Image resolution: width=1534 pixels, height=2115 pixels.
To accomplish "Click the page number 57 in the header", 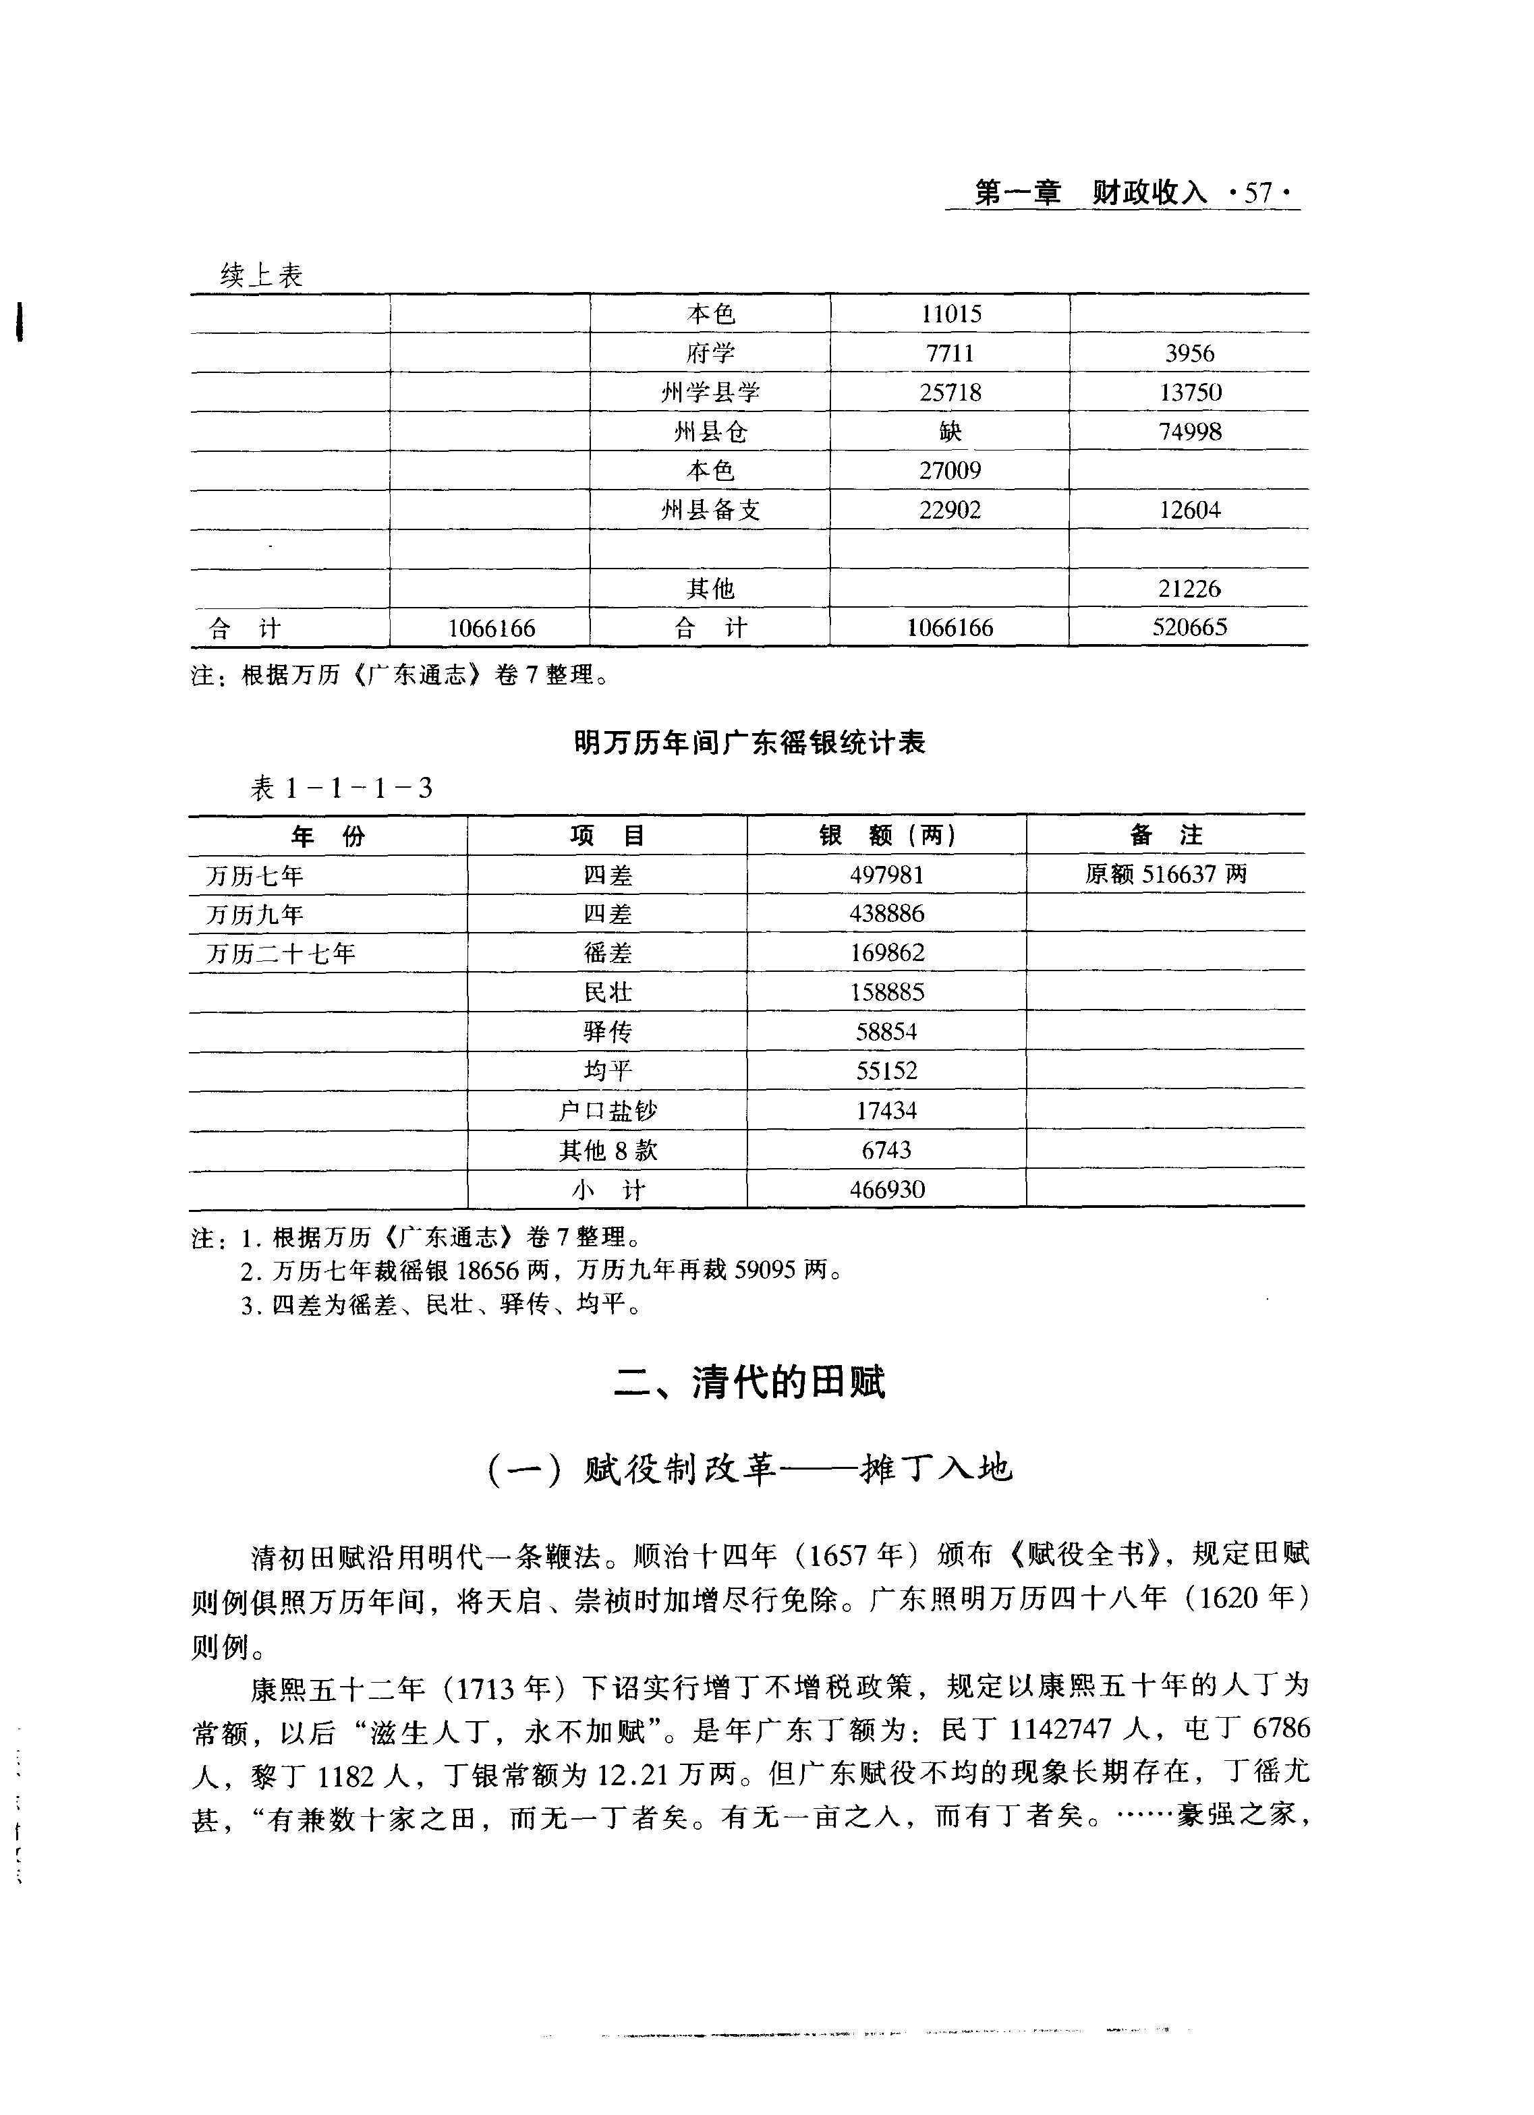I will (1258, 193).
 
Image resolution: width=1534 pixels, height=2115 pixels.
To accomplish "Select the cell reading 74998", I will (1189, 432).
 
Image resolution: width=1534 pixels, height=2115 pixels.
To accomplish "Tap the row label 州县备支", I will (710, 510).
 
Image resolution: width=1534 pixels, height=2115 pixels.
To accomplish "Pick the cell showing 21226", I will (1189, 588).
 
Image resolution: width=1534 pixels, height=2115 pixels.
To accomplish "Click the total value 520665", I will (1189, 628).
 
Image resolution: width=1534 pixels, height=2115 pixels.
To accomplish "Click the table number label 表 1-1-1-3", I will (341, 789).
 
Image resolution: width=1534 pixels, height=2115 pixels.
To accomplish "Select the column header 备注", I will (1166, 836).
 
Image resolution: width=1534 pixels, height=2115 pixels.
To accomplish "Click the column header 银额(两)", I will (887, 836).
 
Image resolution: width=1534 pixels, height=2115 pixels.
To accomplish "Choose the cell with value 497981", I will (887, 875).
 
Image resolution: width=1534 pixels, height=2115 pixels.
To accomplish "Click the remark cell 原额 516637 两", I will (1166, 875).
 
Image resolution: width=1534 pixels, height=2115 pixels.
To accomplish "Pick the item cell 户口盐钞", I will (607, 1111).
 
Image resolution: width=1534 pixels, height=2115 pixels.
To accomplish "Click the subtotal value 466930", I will (887, 1189).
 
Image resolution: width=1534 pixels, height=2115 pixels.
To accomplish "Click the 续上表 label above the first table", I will (261, 275).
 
